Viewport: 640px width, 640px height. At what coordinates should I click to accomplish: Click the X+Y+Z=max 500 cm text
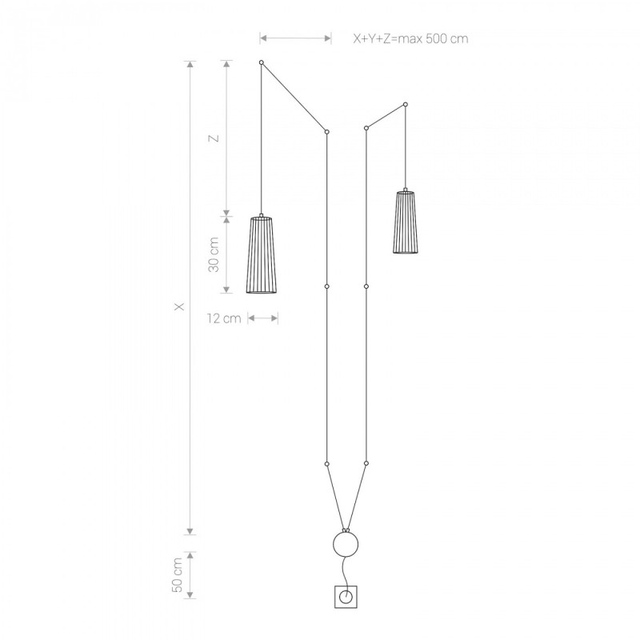tap(410, 38)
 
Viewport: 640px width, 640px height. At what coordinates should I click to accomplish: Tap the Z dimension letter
tap(214, 138)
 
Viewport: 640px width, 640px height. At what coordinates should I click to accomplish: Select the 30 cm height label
tap(214, 254)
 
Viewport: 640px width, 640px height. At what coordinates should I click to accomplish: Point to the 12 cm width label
tap(224, 318)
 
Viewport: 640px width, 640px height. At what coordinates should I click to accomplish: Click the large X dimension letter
tap(179, 306)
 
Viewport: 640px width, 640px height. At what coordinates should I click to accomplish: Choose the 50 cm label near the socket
tap(178, 574)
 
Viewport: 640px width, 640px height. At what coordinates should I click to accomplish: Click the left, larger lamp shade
tap(262, 254)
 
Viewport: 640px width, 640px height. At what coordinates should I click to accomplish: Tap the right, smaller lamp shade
tap(406, 221)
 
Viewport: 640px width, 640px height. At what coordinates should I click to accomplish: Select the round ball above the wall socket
tap(346, 544)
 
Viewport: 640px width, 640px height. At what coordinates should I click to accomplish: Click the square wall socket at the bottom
tap(346, 597)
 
